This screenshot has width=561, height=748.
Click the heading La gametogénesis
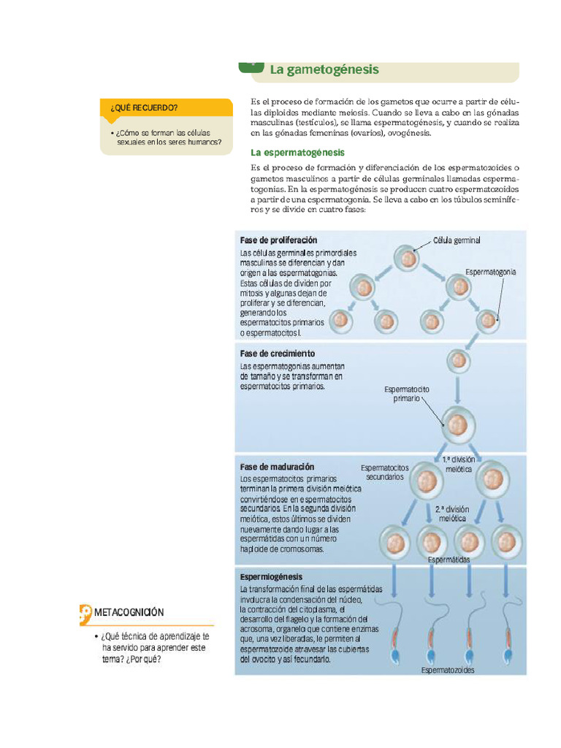[324, 70]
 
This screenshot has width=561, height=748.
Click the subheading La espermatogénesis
[297, 153]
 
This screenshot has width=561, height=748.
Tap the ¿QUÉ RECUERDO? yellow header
[144, 108]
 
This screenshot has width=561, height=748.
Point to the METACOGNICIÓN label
[129, 612]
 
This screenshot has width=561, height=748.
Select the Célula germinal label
[457, 240]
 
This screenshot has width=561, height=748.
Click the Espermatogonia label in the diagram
[491, 272]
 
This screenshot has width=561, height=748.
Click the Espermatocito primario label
[407, 394]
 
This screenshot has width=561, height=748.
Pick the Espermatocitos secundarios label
[385, 472]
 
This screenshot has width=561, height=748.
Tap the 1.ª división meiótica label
[459, 464]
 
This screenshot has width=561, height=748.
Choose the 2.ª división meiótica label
[453, 513]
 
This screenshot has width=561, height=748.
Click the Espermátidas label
[449, 560]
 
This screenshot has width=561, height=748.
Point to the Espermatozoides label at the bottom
[448, 670]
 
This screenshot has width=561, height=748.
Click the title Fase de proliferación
[278, 240]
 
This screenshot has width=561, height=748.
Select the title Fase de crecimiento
[277, 354]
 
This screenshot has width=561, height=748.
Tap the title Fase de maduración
[277, 466]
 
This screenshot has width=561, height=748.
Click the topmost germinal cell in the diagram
[408, 258]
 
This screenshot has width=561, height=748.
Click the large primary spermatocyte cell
[458, 425]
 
